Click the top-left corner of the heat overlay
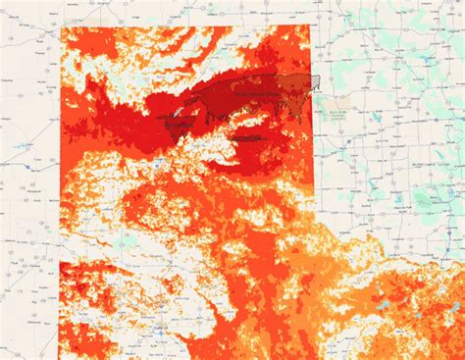point(61,27)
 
